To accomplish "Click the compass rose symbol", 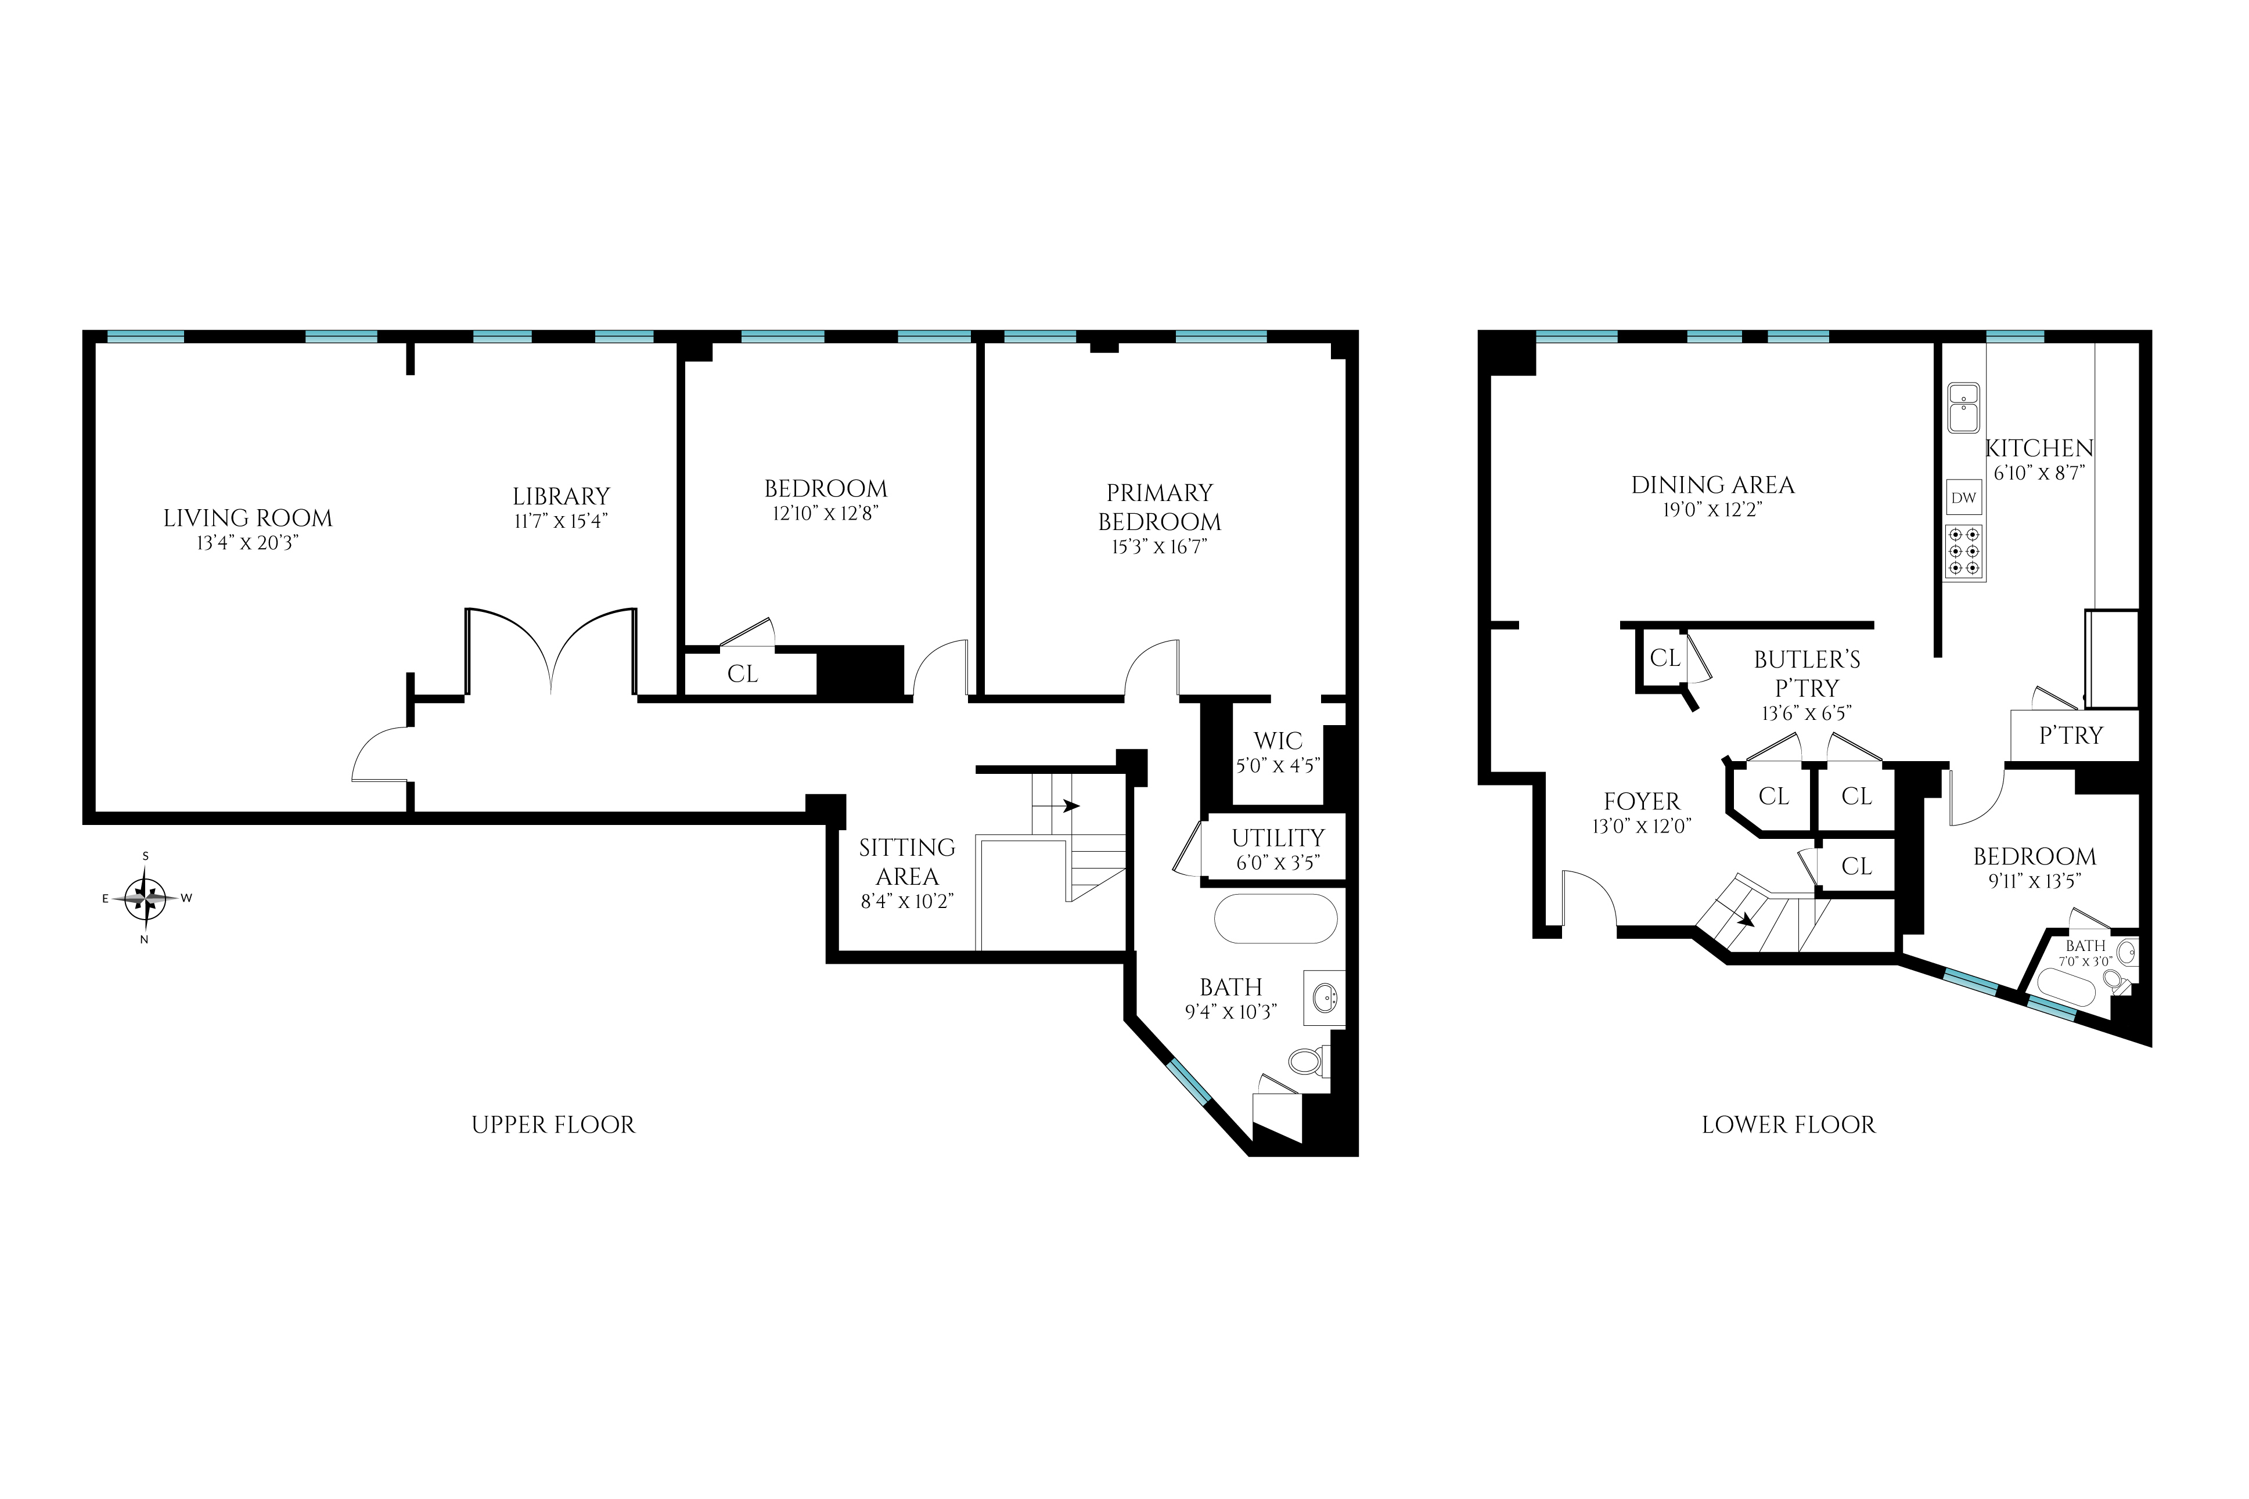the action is [145, 898].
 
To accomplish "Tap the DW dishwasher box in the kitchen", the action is [1964, 497].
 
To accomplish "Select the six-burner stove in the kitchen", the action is [1964, 553].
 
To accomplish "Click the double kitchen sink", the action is [1964, 408].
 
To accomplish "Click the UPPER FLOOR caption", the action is [553, 1125].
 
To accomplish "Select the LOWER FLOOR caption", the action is [1788, 1125].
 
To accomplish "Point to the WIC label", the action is [1279, 741].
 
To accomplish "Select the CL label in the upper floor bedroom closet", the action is [742, 674].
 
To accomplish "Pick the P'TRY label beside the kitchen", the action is [2071, 735].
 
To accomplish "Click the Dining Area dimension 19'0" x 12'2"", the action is [1712, 510].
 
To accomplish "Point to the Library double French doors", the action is [550, 650].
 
